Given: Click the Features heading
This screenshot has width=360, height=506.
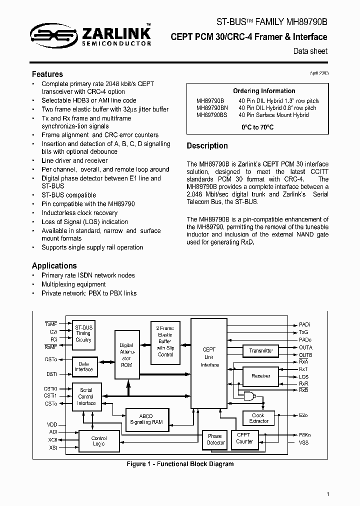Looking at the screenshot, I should click(47, 74).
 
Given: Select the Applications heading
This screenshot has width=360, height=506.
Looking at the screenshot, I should click(54, 265).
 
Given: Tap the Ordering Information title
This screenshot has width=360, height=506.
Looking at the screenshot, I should click(264, 91).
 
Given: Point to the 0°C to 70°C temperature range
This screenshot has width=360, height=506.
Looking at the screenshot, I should click(257, 127).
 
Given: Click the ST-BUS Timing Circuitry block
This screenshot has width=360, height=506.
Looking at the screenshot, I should click(83, 333).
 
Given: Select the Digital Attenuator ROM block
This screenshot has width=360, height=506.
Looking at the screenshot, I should click(126, 355).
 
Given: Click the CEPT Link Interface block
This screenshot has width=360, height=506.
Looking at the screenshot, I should click(209, 357).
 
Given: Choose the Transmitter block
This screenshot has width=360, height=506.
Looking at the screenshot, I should click(261, 350).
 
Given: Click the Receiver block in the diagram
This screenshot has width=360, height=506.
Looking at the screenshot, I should click(260, 375).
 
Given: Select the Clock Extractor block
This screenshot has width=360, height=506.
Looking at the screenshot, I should click(258, 418).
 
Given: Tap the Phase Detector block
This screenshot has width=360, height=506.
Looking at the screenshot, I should click(216, 439).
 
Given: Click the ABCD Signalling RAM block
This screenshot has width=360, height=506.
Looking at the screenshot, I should click(146, 419).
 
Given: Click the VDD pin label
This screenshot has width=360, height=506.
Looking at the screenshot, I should click(52, 424).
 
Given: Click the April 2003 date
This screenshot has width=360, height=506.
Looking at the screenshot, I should click(319, 73).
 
